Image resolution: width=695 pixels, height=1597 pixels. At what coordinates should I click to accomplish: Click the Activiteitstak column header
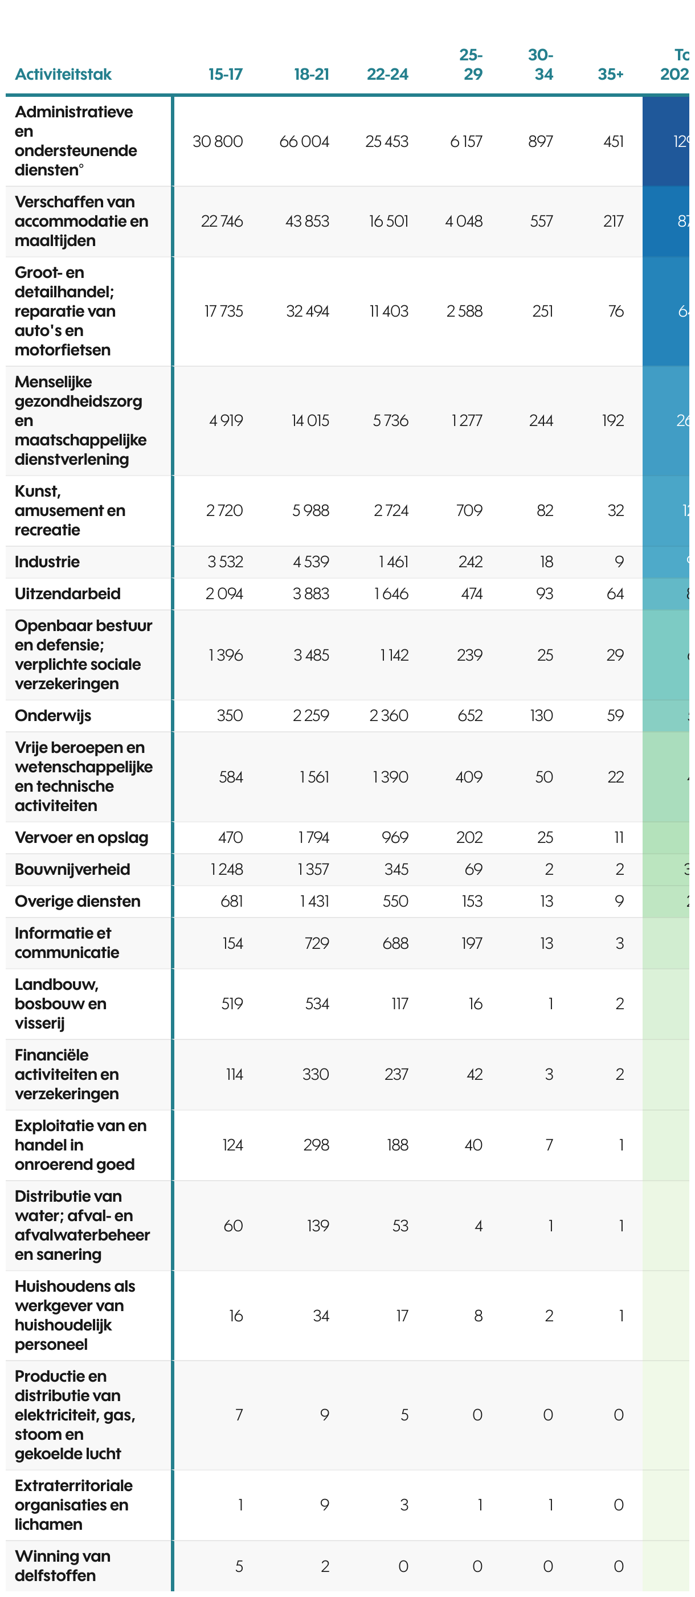(x=63, y=75)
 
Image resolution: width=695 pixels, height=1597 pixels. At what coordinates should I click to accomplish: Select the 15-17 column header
(x=225, y=75)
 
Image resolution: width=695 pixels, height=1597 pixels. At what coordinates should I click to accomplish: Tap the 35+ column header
(x=610, y=75)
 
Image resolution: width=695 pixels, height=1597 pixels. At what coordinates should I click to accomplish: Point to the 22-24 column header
(x=387, y=75)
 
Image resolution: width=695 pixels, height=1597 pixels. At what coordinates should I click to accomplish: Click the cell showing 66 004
(x=304, y=141)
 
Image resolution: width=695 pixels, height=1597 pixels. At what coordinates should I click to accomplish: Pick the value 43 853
(x=307, y=222)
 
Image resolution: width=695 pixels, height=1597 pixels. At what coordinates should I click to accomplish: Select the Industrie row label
(x=47, y=562)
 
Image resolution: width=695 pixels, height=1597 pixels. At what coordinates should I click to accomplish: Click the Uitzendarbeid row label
(x=68, y=593)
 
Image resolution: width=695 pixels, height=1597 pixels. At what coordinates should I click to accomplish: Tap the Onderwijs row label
(x=53, y=715)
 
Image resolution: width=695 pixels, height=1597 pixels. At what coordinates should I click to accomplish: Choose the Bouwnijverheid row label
(x=72, y=869)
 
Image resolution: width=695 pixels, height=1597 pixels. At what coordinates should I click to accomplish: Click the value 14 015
(x=310, y=420)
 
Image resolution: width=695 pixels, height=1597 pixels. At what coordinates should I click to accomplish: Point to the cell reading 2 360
(x=389, y=715)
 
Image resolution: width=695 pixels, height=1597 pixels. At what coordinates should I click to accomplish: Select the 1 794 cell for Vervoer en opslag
(x=313, y=838)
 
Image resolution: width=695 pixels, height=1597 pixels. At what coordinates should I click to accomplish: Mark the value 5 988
(x=310, y=510)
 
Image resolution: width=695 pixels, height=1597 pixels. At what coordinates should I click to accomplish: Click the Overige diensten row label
(x=77, y=901)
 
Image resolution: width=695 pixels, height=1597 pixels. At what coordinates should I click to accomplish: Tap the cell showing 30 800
(x=218, y=141)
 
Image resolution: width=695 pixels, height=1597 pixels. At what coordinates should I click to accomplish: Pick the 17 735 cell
(x=223, y=311)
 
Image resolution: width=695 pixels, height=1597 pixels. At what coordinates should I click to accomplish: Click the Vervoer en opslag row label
(x=81, y=838)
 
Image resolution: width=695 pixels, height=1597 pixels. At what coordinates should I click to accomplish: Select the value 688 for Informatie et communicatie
(x=395, y=943)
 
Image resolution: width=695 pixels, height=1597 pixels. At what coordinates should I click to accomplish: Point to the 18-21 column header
(x=311, y=75)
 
